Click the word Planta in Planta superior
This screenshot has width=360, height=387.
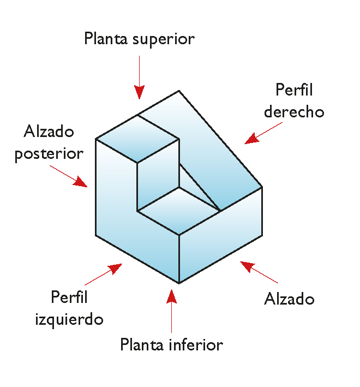point(106,38)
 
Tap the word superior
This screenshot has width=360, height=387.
point(164,40)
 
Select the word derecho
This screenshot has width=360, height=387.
point(294,112)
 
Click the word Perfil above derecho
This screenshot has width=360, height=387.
point(294,90)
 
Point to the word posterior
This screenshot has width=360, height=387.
point(49,154)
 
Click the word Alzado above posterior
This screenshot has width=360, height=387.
point(49,131)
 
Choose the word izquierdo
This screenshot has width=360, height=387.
point(69,319)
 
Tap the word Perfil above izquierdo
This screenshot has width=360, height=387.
point(69,297)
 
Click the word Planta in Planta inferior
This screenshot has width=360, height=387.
point(142,344)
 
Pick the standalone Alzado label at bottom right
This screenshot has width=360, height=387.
point(289,299)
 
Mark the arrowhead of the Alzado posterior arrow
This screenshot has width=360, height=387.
point(80,182)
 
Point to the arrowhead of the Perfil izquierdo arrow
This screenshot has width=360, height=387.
point(115,269)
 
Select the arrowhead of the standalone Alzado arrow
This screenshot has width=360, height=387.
point(247,266)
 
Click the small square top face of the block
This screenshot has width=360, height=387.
point(137,139)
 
